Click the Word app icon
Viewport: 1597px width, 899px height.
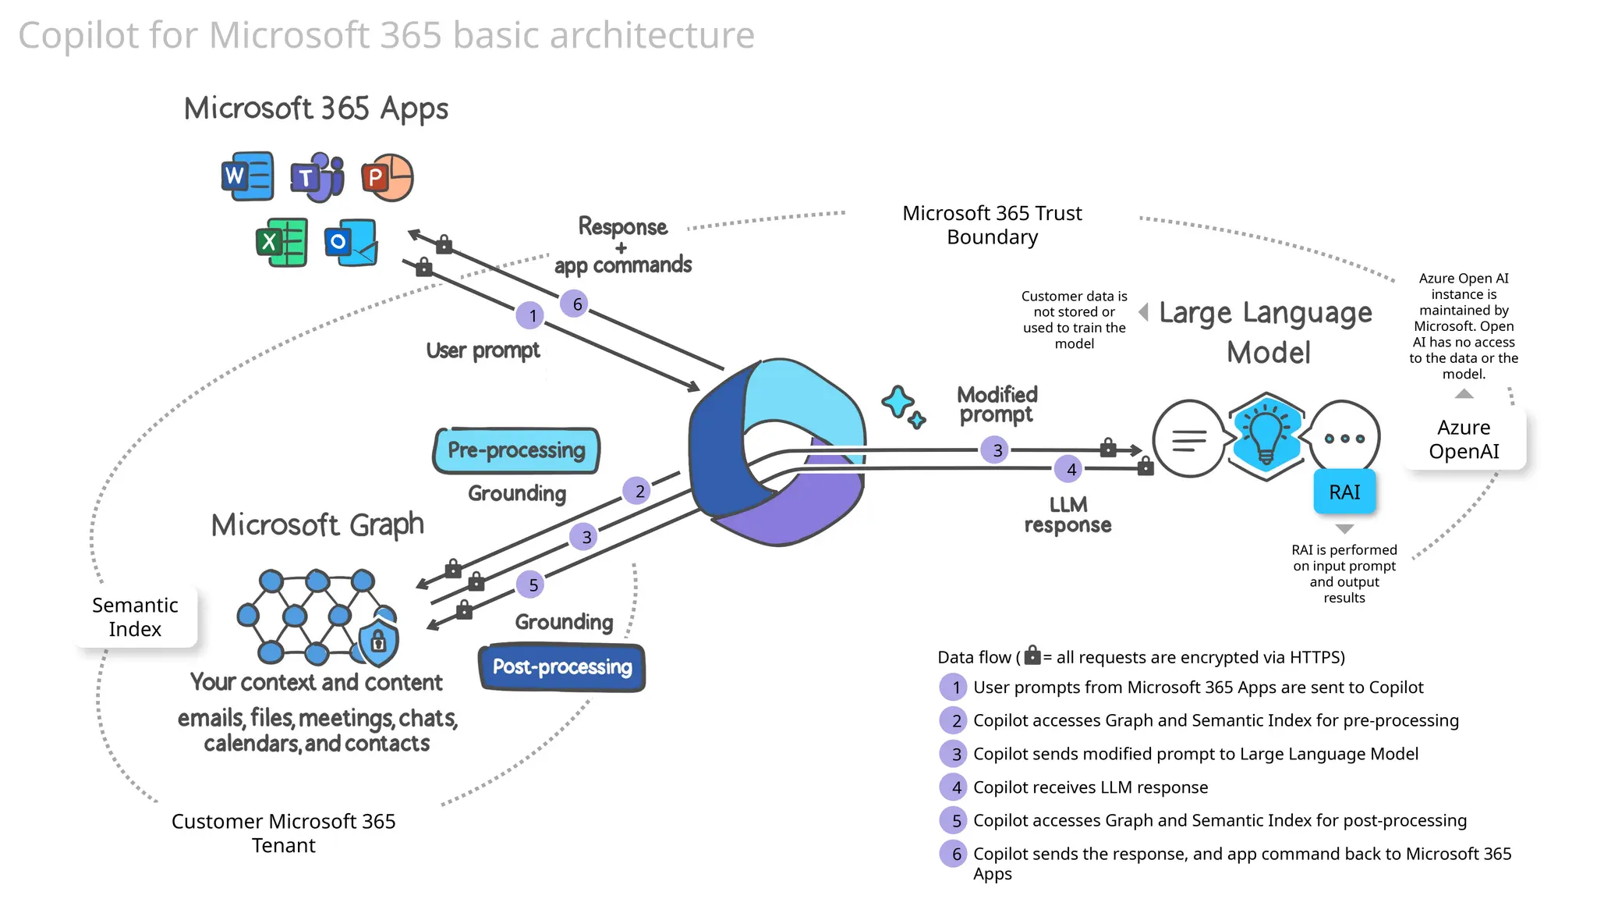click(247, 176)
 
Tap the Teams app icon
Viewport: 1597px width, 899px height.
click(317, 177)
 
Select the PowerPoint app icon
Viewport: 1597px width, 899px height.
click(387, 178)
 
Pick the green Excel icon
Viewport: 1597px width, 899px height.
click(282, 242)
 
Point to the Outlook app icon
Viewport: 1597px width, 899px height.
click(351, 243)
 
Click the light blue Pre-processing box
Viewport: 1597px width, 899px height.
click(516, 450)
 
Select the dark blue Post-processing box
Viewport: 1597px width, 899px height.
click(562, 667)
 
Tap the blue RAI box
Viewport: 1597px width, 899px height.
click(1344, 492)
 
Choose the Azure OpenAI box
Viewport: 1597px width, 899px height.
click(1464, 439)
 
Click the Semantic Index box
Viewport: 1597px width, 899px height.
click(135, 617)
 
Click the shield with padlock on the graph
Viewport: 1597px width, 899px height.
click(378, 642)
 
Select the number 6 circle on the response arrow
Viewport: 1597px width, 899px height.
click(576, 304)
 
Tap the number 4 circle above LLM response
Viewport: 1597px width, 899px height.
click(1071, 470)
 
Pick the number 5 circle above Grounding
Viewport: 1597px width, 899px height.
click(533, 585)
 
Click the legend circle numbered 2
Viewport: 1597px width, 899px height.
click(955, 721)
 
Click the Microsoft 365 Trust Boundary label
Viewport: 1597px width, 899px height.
click(992, 225)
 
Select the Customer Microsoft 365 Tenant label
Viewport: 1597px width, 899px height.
click(283, 833)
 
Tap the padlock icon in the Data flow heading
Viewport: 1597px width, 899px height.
click(1032, 655)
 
